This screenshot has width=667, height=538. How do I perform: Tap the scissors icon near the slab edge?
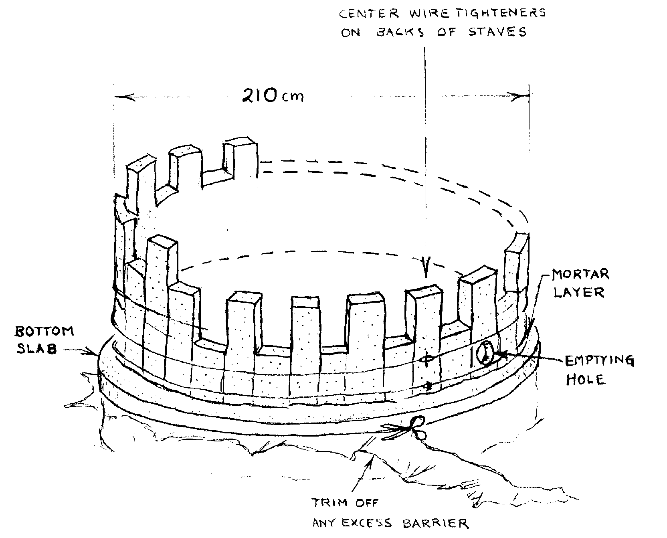(406, 429)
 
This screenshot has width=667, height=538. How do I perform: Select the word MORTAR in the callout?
(580, 275)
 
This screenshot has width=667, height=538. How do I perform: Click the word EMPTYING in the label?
(599, 361)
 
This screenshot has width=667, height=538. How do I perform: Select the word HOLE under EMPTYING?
(585, 379)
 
